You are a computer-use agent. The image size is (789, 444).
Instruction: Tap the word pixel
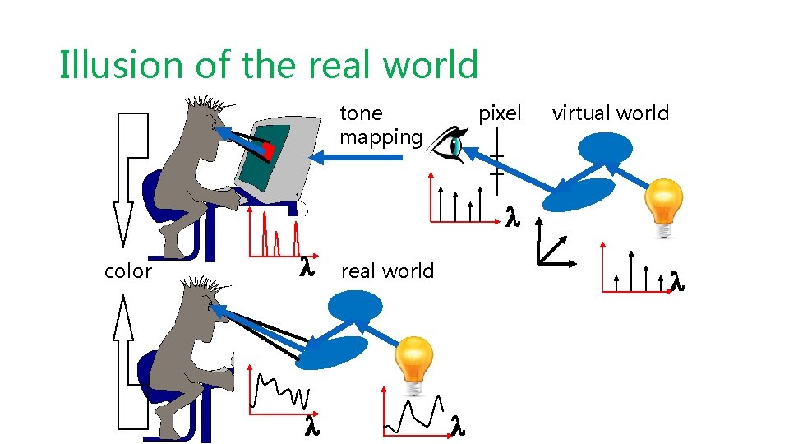(500, 113)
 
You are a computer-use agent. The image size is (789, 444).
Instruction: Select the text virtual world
(611, 113)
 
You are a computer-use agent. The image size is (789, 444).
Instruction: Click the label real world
(387, 271)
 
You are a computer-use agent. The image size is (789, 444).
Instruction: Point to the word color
(128, 271)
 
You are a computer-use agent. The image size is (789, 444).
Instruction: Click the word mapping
(381, 136)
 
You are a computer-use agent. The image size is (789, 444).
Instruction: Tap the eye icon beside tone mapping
(449, 145)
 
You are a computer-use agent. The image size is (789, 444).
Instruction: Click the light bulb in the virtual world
(663, 208)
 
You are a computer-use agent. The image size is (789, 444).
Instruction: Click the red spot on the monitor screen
(268, 151)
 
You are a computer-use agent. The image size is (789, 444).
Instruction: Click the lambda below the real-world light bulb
(458, 426)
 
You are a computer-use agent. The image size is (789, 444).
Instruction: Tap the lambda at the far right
(677, 280)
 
